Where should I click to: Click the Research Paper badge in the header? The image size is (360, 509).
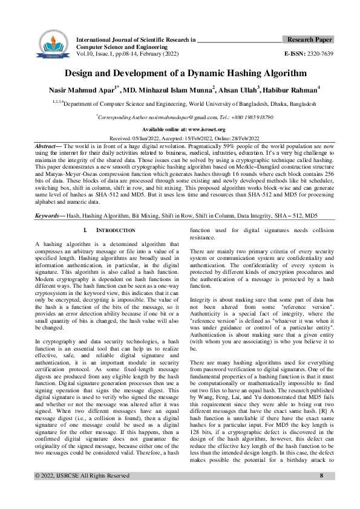tap(309, 40)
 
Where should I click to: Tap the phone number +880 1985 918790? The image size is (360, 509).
tap(247, 117)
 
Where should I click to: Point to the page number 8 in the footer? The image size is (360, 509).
tap(321, 492)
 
